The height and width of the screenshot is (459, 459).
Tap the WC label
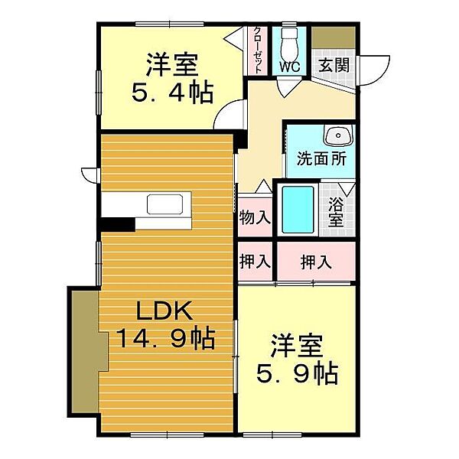pos(289,67)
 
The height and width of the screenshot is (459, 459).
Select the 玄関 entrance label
pos(334,65)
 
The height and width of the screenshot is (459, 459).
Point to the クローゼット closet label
pos(258,50)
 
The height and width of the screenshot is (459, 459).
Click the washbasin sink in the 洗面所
pos(338,135)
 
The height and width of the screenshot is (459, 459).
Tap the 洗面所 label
pos(321,158)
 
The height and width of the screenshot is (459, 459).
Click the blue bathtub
pos(298,210)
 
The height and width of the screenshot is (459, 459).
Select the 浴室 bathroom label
pos(336,212)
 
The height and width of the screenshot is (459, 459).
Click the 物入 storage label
pos(255,217)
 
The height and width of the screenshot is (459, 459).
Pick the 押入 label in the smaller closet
pos(255,261)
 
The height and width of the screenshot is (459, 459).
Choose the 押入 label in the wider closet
pos(316,262)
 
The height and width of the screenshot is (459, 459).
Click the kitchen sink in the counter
pos(164,204)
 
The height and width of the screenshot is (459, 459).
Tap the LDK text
pos(164,311)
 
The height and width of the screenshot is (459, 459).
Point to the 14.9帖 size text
pos(166,339)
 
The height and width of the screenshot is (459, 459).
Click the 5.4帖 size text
pos(172,93)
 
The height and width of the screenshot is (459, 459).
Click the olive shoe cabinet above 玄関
pos(334,37)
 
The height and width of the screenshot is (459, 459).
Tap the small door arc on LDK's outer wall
pos(90,175)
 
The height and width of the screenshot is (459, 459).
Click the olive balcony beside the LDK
pos(88,352)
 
